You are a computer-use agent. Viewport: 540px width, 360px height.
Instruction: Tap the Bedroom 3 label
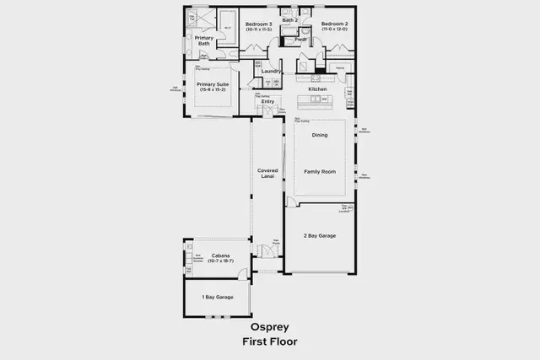[x=259, y=24]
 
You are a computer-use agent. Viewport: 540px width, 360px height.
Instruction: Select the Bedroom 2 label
[x=334, y=24]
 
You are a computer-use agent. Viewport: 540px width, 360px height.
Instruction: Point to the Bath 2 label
[x=290, y=19]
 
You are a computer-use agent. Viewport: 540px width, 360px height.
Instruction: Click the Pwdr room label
[x=301, y=39]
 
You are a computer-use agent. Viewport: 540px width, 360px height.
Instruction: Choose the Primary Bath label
[x=204, y=40]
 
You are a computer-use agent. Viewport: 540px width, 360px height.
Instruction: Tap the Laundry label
[x=271, y=71]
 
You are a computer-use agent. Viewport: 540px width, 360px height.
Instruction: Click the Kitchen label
[x=317, y=89]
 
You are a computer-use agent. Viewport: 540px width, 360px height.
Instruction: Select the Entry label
[x=267, y=101]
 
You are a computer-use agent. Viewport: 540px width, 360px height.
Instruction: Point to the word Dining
[x=320, y=135]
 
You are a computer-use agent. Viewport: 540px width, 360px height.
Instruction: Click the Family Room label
[x=320, y=171]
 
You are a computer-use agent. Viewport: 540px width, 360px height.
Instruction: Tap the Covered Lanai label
[x=267, y=174]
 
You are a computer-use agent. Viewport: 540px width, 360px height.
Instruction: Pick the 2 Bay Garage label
[x=320, y=235]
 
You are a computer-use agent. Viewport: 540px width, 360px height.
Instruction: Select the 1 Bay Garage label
[x=217, y=297]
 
